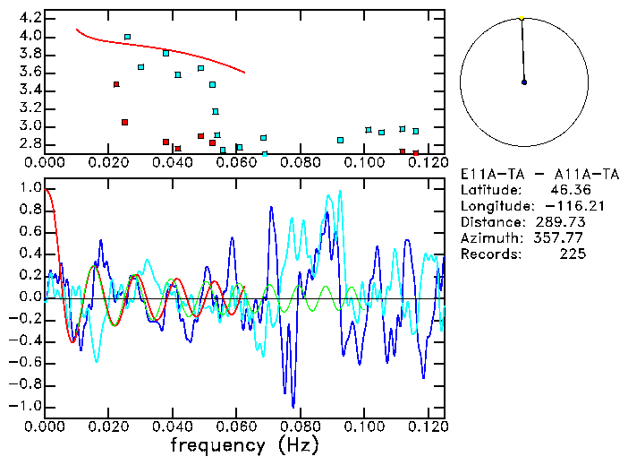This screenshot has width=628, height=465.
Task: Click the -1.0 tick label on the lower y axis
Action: point(26,406)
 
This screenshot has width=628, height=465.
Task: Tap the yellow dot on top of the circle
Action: point(522,17)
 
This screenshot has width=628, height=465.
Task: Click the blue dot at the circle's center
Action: point(524,82)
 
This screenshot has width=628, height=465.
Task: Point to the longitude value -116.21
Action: point(559,205)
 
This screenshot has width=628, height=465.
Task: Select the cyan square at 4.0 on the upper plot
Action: point(127,37)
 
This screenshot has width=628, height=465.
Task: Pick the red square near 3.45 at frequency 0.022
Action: point(116,84)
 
